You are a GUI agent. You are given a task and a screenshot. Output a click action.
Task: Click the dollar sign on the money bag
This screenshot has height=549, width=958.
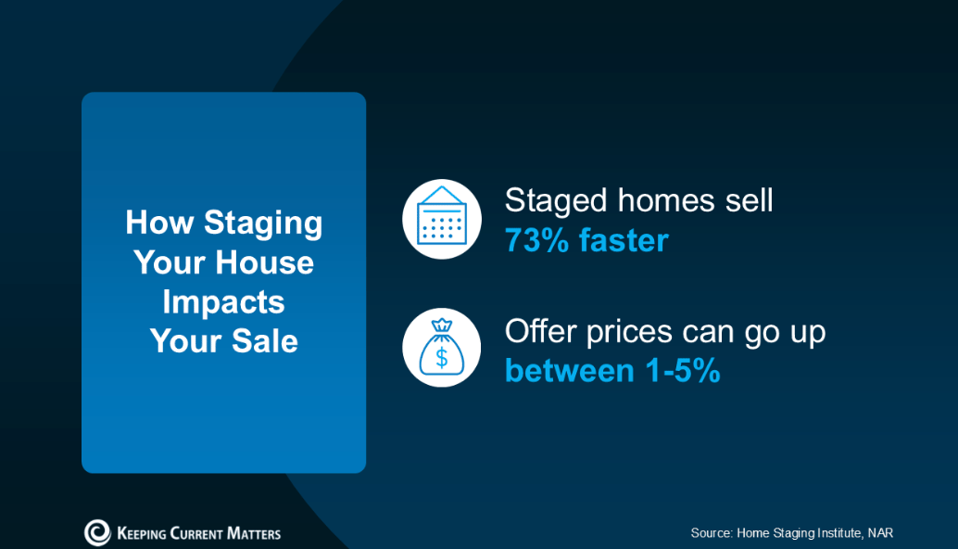[x=442, y=357]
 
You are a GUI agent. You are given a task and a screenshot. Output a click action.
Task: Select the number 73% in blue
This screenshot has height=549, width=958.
[x=537, y=240]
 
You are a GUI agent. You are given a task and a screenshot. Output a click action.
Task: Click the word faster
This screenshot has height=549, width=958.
[x=624, y=239]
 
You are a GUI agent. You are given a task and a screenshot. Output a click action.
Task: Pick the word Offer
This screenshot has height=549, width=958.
[x=540, y=331]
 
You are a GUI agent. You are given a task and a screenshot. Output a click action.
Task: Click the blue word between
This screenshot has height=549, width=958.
[x=570, y=371]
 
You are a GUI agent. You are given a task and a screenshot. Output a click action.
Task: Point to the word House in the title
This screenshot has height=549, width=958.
[x=264, y=262]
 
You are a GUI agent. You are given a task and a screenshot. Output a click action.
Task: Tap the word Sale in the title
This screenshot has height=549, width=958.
[x=265, y=341]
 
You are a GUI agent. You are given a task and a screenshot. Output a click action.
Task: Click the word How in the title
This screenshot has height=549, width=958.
[x=159, y=222]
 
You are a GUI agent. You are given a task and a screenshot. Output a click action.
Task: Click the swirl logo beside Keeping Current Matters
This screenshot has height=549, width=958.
[x=97, y=532]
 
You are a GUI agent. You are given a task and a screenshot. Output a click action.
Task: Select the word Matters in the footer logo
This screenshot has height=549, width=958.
[x=254, y=534]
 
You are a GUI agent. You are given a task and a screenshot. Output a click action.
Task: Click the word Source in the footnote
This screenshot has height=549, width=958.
[x=712, y=533]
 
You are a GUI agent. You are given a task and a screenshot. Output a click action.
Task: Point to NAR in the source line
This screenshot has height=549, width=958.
[x=880, y=533]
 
